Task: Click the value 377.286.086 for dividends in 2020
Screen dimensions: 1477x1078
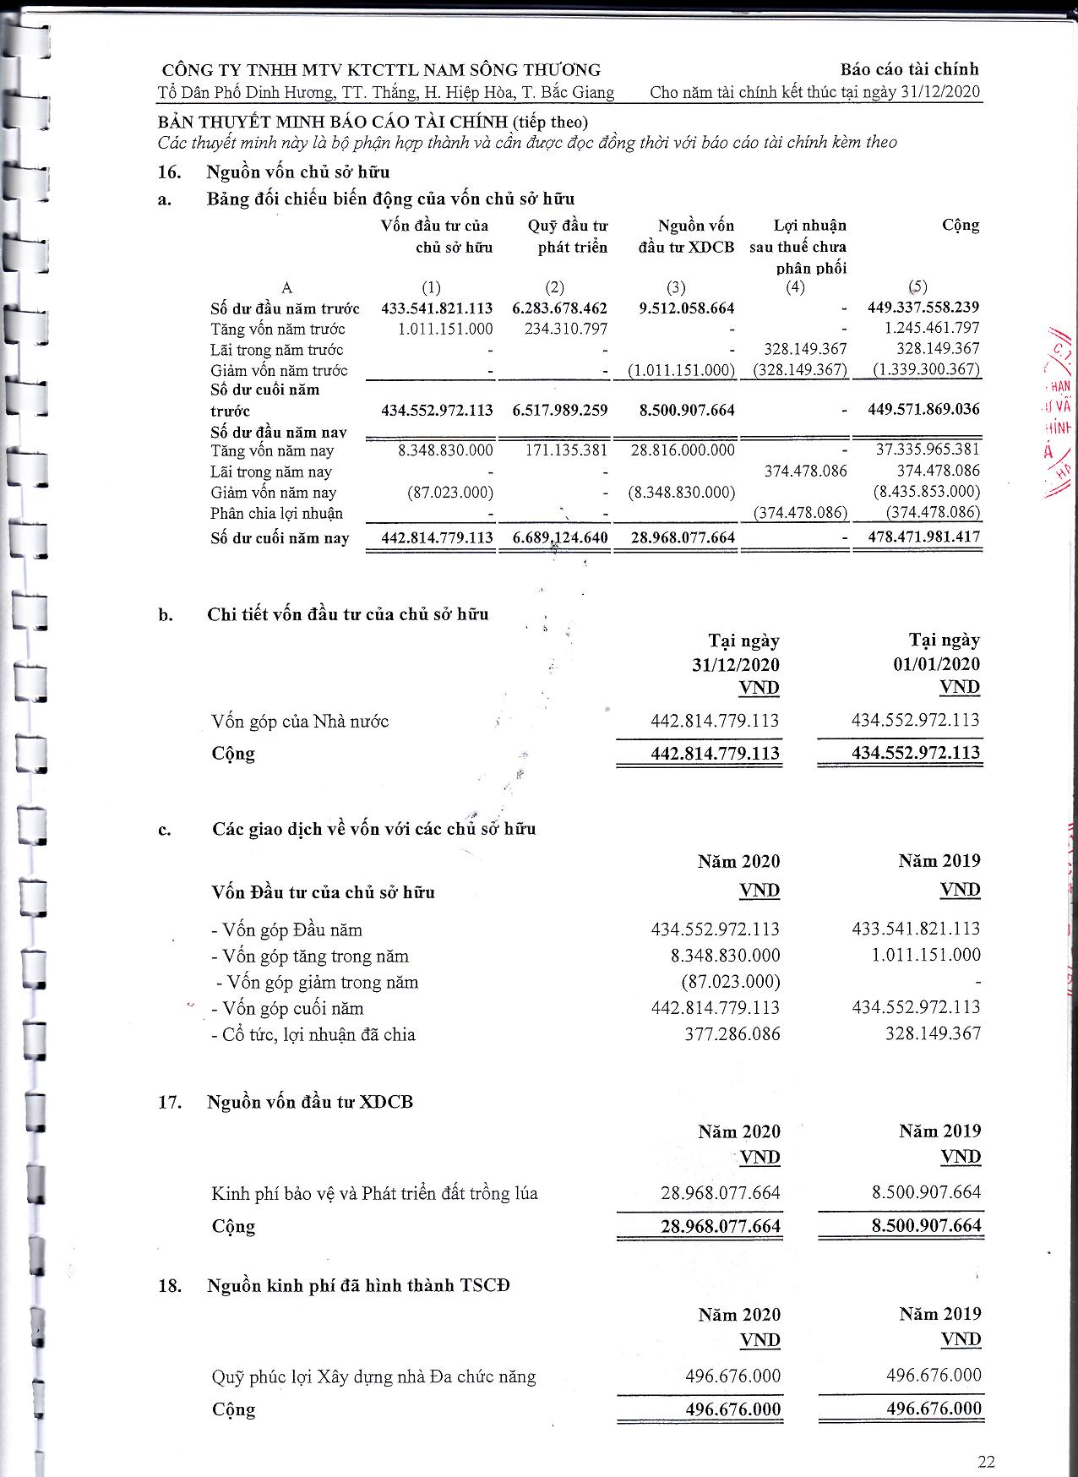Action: point(732,1034)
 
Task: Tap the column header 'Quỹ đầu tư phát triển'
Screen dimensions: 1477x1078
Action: point(568,237)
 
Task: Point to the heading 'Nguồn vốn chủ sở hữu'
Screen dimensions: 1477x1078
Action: point(298,172)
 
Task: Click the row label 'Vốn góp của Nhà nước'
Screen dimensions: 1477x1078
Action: point(300,722)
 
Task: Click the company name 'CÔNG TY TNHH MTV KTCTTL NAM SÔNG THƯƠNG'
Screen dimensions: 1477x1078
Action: point(381,70)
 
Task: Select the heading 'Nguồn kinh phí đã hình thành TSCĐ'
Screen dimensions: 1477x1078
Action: point(358,1285)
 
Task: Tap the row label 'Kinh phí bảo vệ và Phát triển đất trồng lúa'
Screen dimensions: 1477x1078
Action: point(374,1194)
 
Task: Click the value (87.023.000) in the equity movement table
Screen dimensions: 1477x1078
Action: point(450,493)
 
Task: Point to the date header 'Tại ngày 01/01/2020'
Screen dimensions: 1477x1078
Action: point(936,651)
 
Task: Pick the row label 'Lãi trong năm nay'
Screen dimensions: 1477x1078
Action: point(271,472)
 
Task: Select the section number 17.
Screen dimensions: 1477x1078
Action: point(170,1103)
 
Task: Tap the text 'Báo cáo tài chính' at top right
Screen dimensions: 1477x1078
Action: point(909,69)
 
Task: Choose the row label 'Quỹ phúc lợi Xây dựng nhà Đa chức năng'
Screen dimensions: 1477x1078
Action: point(373,1377)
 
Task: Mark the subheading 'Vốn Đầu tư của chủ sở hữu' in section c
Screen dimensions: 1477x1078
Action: point(323,892)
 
